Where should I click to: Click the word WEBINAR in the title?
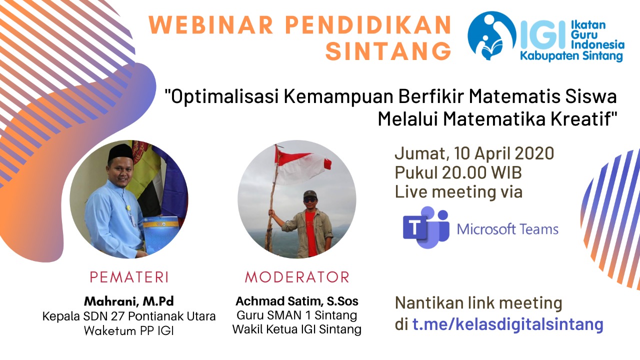pos(211,24)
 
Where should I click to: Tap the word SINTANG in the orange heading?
pos(388,51)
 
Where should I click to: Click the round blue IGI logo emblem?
pos(491,35)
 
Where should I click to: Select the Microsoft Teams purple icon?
pos(425,227)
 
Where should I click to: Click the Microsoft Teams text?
pos(507,229)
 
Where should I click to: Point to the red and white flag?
pos(302,167)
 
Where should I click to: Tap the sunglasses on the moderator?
pos(310,199)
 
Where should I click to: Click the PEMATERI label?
pos(129,277)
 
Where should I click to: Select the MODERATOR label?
pos(297,277)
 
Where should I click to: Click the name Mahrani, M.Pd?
pos(129,301)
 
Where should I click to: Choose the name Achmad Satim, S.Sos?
pos(297,301)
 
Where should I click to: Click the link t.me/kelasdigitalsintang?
pos(507,324)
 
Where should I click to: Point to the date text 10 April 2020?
pos(504,153)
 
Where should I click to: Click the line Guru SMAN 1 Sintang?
pos(297,315)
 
